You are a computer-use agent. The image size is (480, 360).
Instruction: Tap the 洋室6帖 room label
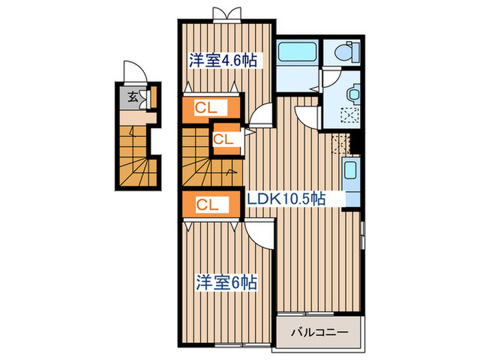coord(226,282)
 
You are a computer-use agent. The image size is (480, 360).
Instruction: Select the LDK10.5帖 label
coord(286,199)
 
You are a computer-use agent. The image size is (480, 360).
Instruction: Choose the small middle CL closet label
coord(222,139)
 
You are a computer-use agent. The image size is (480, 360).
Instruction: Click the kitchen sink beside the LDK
coord(350,171)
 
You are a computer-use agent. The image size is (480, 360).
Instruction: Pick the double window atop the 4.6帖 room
coord(226,14)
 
